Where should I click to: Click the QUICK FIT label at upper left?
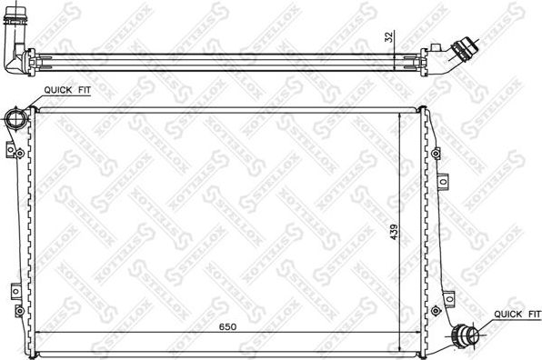pyautogui.click(x=64, y=90)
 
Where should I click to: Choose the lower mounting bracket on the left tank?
pyautogui.click(x=15, y=291)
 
